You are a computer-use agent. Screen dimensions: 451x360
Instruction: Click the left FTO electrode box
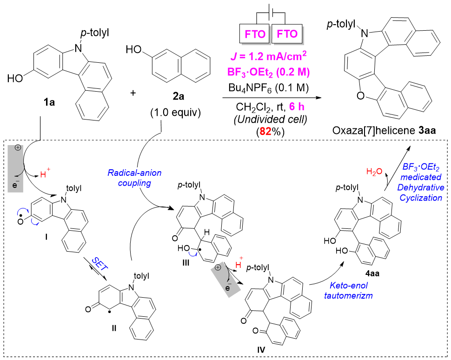click(x=255, y=33)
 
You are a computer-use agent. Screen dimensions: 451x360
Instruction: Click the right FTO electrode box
click(x=287, y=33)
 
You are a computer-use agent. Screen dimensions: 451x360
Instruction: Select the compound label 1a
click(x=49, y=102)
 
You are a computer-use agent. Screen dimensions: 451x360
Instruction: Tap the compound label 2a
click(x=179, y=96)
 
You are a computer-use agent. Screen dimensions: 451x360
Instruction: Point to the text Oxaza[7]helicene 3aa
click(x=384, y=130)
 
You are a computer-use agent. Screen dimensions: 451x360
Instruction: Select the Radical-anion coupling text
click(x=134, y=178)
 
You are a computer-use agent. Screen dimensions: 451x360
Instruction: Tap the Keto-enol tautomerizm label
click(x=348, y=290)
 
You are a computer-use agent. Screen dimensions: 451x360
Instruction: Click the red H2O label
click(x=374, y=172)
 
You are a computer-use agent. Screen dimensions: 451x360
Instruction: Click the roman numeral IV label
click(x=261, y=350)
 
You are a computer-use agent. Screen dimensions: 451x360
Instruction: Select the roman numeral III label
click(x=186, y=262)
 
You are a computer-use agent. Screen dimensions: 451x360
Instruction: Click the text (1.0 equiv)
click(x=175, y=113)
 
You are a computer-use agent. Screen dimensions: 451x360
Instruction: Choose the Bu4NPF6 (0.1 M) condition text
click(x=268, y=88)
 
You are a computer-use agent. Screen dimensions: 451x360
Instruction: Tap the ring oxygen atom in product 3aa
click(x=360, y=96)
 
